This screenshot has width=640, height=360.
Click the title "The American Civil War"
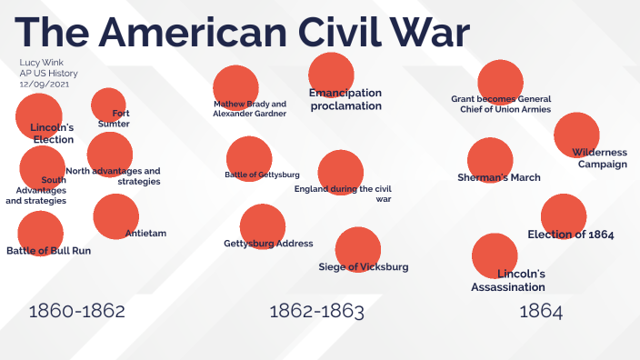[242, 33]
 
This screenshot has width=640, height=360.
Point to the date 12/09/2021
[44, 84]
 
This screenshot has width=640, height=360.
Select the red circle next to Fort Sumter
[108, 105]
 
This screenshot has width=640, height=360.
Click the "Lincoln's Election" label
[52, 133]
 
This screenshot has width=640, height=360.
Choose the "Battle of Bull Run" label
[48, 250]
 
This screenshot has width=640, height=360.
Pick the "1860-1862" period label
[76, 312]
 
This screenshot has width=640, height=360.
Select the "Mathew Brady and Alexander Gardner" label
[249, 108]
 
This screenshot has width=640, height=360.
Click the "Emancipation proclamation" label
[345, 99]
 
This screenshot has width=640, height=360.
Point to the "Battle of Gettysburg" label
[262, 174]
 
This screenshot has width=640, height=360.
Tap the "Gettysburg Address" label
[268, 244]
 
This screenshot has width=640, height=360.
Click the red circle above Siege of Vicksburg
[357, 248]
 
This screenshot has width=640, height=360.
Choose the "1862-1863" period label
[316, 312]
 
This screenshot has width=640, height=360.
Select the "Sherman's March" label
[499, 177]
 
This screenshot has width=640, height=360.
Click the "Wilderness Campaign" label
[599, 158]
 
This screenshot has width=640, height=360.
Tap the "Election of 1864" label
[571, 235]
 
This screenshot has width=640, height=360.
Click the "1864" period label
[541, 312]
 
